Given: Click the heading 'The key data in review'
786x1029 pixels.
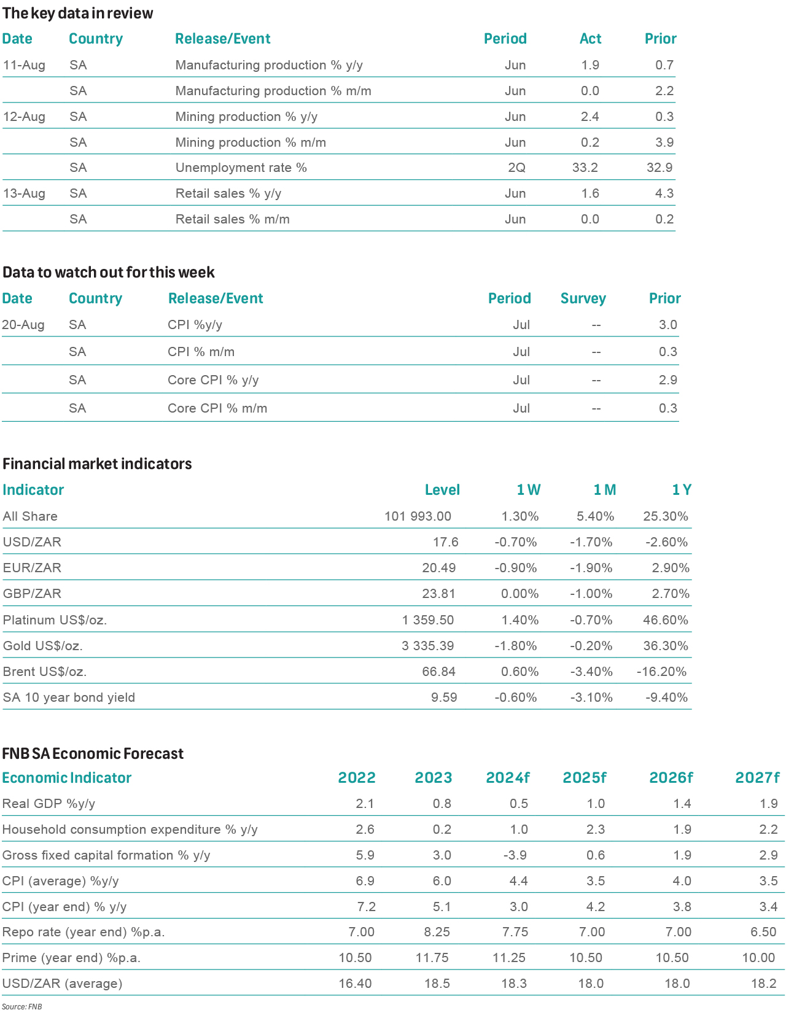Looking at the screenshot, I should (x=78, y=14).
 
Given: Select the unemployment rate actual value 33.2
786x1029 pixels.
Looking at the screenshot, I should (x=585, y=168).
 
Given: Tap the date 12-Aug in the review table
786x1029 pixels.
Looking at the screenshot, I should (x=24, y=117).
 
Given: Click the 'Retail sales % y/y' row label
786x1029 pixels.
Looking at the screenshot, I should (x=228, y=193).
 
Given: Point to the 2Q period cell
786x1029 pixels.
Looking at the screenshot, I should (x=516, y=168).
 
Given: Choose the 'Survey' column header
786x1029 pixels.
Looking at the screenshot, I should (x=583, y=298).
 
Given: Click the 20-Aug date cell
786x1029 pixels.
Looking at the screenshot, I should (x=23, y=325).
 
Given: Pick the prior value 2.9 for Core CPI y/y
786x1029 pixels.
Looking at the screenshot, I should (x=667, y=380).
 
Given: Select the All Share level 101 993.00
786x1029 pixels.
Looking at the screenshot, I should (x=418, y=516).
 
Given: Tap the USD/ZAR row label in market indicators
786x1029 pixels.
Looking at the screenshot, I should (x=32, y=542).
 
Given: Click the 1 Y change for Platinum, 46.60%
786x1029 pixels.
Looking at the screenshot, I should (x=665, y=620).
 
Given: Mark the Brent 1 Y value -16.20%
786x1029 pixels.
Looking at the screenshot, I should (x=661, y=672).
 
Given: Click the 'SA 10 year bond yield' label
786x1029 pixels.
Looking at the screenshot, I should (x=69, y=697).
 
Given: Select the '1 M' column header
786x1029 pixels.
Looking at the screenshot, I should (x=604, y=490).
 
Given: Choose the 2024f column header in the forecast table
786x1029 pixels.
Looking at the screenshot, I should (x=507, y=778).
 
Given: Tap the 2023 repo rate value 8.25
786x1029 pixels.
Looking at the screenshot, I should (x=437, y=932).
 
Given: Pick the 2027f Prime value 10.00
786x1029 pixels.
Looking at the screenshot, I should (x=758, y=958).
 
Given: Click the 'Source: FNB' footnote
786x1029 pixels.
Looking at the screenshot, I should (x=21, y=1007).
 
